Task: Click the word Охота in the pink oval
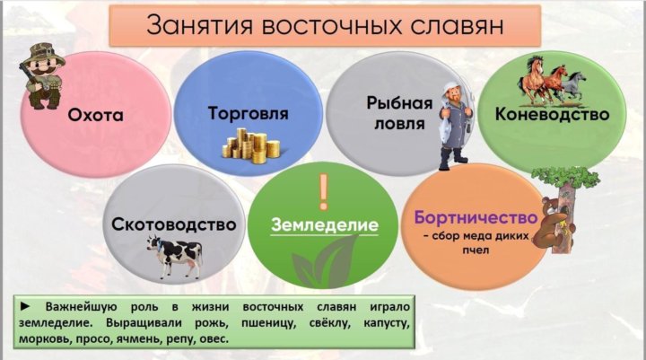tap(96, 115)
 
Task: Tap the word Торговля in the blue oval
tap(248, 113)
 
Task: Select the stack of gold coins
tap(251, 145)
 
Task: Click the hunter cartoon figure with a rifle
tap(41, 76)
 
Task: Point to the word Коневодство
tap(552, 114)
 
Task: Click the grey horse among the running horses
tap(575, 85)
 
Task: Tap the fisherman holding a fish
tap(456, 126)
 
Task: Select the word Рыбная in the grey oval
tap(399, 103)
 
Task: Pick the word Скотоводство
tap(174, 224)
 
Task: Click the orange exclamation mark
tap(323, 192)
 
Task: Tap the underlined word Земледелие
tap(325, 225)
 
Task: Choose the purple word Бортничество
tap(476, 217)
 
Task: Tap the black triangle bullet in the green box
tap(25, 306)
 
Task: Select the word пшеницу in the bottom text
tap(268, 323)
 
